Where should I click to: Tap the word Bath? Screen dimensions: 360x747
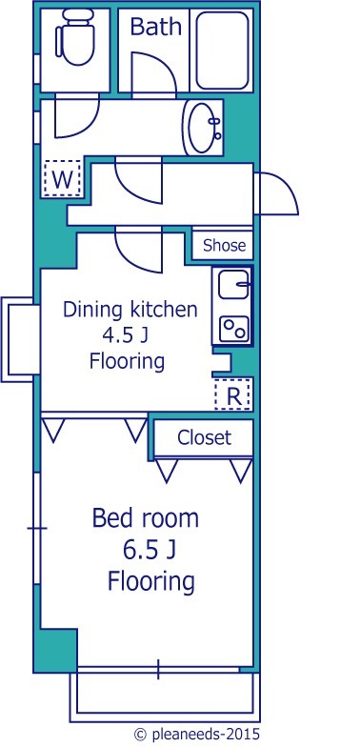coord(156,27)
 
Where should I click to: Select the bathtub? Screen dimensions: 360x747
coord(223,50)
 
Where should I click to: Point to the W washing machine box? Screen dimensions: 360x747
coord(63,179)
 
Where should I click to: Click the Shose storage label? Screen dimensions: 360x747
coord(225,246)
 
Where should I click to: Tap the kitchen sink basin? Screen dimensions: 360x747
coord(234,284)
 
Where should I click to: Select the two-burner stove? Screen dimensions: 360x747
coord(234,329)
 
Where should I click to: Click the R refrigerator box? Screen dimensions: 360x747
coord(232,394)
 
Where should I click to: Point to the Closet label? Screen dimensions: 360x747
coord(204,437)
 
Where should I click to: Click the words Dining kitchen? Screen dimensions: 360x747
coord(130,311)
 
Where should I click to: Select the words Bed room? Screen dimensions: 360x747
coord(145,518)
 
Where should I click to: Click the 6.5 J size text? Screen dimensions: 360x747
coord(149,551)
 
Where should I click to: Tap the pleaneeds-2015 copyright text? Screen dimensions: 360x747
coord(198,734)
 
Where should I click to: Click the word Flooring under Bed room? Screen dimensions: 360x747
coord(150,581)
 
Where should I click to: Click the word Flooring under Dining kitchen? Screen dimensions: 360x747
coord(128,361)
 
